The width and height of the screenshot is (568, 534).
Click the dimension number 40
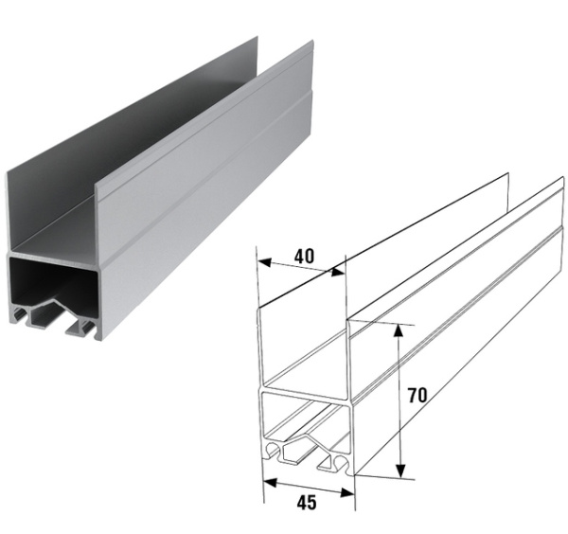tap(304, 257)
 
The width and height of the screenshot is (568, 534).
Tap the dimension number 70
tap(417, 395)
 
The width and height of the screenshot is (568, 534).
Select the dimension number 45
tap(307, 503)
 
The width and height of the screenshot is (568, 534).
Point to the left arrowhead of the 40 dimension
tap(265, 262)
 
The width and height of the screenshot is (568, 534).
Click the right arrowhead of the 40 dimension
tap(338, 272)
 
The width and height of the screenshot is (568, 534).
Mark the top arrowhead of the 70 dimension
tap(399, 330)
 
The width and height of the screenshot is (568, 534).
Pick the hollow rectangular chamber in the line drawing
tap(306, 417)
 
